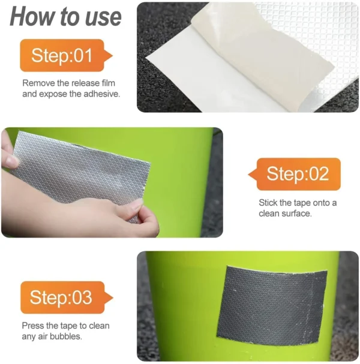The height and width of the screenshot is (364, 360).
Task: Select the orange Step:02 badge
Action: tap(296, 175)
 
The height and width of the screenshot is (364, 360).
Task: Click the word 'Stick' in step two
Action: tap(269, 203)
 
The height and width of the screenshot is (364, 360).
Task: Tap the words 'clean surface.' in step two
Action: tap(285, 213)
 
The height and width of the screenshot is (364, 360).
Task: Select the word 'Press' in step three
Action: tap(34, 326)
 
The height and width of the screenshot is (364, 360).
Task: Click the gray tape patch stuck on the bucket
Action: tap(263, 303)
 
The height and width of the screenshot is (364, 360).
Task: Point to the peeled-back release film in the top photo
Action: tap(240, 60)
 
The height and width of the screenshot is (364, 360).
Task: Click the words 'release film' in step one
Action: tap(95, 83)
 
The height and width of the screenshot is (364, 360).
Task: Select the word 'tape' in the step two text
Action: tap(302, 203)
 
